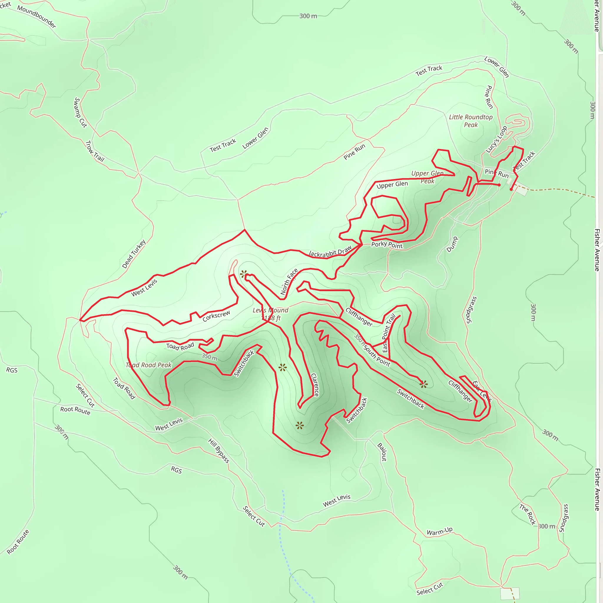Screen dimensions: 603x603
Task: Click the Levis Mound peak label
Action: click(x=270, y=314)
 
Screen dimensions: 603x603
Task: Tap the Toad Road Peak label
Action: click(x=149, y=365)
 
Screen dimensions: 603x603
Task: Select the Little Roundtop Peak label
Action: click(x=471, y=121)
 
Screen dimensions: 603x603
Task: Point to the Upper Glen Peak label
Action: click(x=427, y=177)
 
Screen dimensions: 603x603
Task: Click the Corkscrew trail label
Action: click(x=216, y=316)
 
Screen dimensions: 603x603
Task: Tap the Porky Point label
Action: click(x=387, y=245)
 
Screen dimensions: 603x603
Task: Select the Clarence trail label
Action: click(x=315, y=385)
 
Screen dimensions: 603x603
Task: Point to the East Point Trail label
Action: click(x=389, y=333)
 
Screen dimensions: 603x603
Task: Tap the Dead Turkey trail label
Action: click(x=134, y=254)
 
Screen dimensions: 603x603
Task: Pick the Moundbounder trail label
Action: click(x=37, y=16)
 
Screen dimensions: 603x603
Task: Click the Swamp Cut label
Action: click(x=80, y=112)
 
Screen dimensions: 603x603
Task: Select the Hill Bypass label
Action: click(x=219, y=451)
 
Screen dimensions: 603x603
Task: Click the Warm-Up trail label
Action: click(x=440, y=531)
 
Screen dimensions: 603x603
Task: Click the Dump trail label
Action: click(x=452, y=244)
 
